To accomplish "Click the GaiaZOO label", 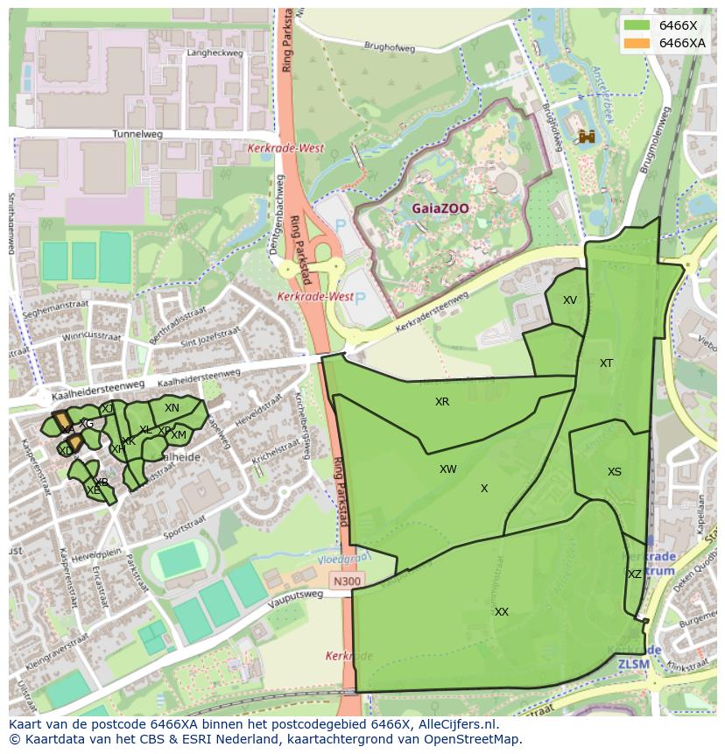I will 441,209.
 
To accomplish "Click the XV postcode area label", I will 570,300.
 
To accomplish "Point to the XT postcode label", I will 607,363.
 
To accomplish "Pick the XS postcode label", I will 615,472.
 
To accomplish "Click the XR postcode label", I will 442,402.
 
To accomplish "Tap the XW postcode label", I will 448,469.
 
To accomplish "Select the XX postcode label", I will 502,612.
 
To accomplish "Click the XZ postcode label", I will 635,574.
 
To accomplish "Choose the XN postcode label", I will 172,408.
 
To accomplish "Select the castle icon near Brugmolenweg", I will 587,136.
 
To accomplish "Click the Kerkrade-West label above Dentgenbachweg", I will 285,149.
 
